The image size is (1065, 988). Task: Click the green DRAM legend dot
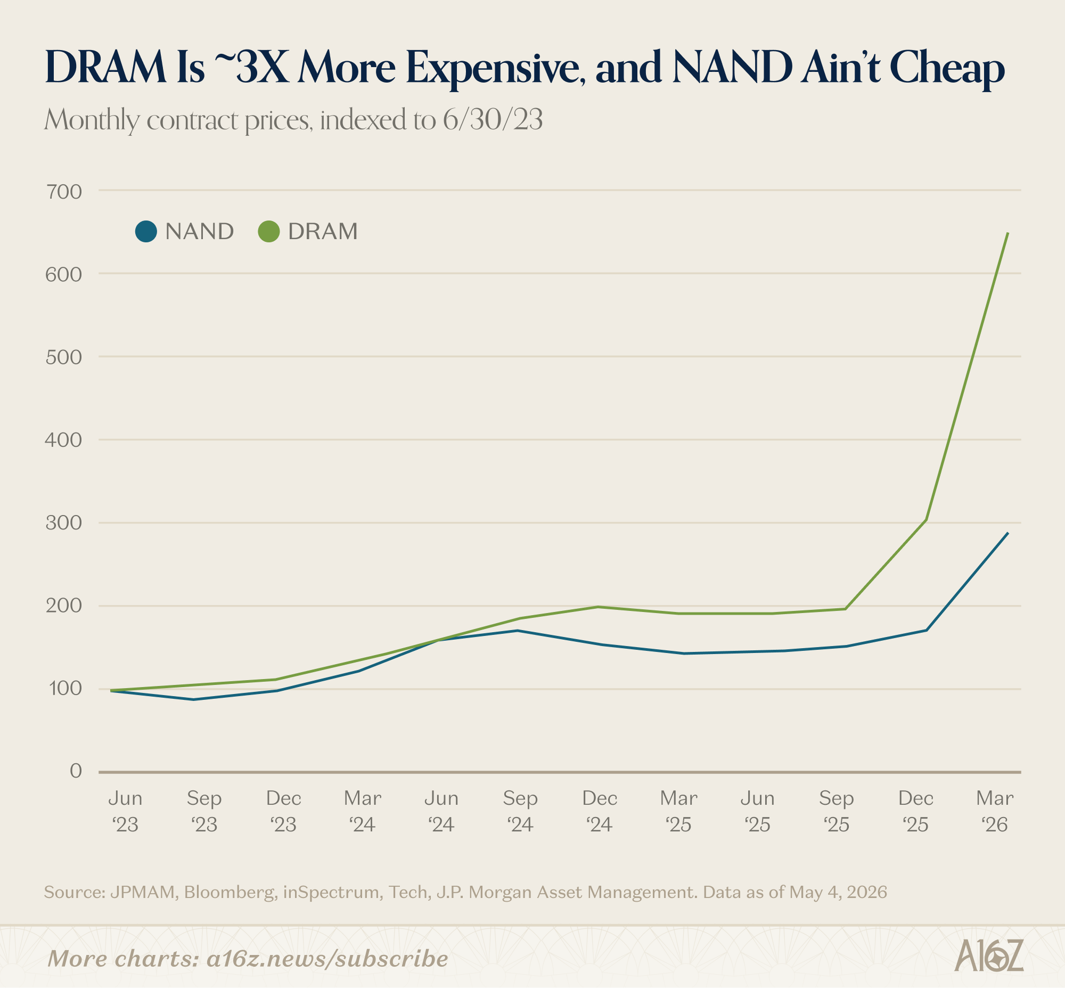pos(269,232)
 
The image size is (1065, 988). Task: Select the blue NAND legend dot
pos(146,232)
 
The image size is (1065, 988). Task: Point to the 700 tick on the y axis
pos(63,192)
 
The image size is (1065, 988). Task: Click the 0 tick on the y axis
pos(76,770)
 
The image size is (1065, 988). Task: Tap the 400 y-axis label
pos(63,440)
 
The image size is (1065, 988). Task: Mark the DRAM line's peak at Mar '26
pos(1008,233)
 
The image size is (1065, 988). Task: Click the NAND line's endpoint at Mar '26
pos(1008,533)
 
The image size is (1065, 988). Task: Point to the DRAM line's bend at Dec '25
pos(926,520)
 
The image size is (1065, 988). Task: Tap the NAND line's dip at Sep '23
pos(193,699)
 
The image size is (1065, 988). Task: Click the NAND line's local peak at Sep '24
pos(517,630)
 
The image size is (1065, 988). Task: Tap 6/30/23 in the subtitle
pos(493,120)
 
